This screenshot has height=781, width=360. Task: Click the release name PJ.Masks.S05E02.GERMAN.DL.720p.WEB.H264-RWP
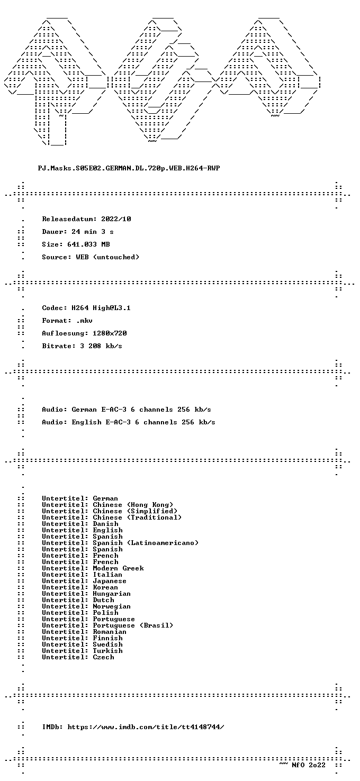pos(129,168)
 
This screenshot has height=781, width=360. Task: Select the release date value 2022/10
pos(116,219)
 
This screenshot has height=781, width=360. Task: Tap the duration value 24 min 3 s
pos(93,232)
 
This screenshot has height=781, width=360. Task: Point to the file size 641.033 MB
pos(88,244)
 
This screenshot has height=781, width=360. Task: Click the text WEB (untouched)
pos(107,257)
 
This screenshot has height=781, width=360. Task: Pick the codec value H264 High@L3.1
pos(101,308)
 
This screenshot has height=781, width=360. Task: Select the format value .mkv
pos(84,321)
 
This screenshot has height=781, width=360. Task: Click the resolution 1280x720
pos(110,333)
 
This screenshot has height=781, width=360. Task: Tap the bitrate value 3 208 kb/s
pos(101,346)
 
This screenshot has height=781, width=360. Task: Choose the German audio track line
pos(127,410)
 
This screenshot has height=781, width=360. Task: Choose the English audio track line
pos(128,422)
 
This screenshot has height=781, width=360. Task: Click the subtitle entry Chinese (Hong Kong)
pos(133,505)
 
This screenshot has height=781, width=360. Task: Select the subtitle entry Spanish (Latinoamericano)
pos(146,543)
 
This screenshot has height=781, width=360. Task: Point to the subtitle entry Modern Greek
pos(118,568)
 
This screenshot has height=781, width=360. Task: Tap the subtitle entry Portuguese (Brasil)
pos(133,625)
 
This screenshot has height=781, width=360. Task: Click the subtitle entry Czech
pos(103,657)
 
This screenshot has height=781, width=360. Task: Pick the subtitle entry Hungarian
pos(112,594)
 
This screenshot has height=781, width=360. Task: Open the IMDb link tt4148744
pos(146,727)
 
